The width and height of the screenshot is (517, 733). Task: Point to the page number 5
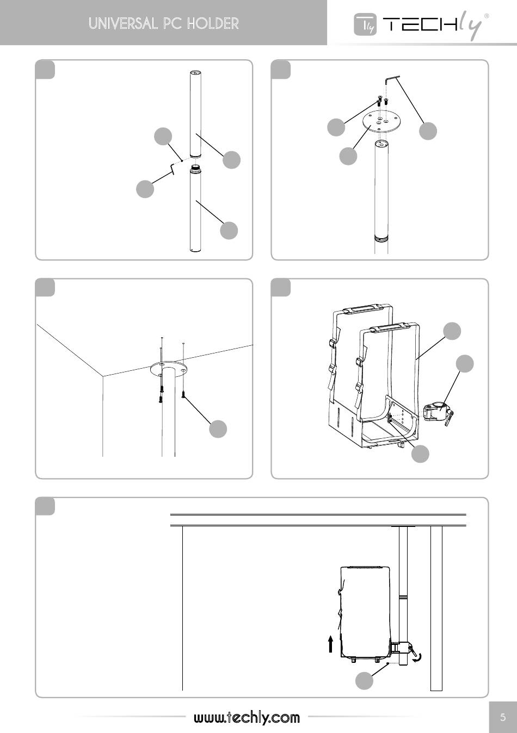coord(503,717)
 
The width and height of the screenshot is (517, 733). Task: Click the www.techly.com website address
coord(247,717)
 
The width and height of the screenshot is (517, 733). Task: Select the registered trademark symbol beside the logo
coord(486,16)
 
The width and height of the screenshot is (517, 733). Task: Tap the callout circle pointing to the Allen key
coord(428,131)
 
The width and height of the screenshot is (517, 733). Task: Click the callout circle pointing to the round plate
coord(348,156)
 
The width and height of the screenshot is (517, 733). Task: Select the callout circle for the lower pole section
coord(229,230)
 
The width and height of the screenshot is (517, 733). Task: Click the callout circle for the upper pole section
coord(231,159)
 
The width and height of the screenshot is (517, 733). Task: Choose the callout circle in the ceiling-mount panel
coord(218,428)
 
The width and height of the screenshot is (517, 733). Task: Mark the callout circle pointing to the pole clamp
coord(464,364)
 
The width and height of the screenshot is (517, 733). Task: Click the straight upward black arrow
coord(330,644)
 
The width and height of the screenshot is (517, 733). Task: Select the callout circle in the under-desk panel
coord(364,680)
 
